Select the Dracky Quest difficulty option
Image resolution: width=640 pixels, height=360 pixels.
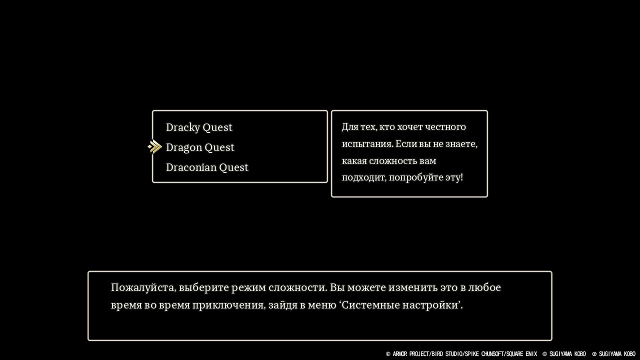click(x=199, y=127)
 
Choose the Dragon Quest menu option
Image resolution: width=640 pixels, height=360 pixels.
click(x=200, y=147)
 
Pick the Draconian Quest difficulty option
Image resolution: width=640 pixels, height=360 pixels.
click(x=207, y=167)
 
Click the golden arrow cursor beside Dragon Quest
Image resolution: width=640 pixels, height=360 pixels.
click(x=155, y=147)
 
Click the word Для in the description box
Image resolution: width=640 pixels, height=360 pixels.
click(x=349, y=127)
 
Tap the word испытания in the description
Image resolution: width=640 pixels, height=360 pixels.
click(x=367, y=144)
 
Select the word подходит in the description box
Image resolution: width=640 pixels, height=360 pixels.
click(x=364, y=177)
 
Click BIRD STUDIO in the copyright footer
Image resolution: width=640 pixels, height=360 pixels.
click(x=447, y=354)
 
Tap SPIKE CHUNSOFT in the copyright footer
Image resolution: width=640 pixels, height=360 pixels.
click(x=484, y=354)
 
